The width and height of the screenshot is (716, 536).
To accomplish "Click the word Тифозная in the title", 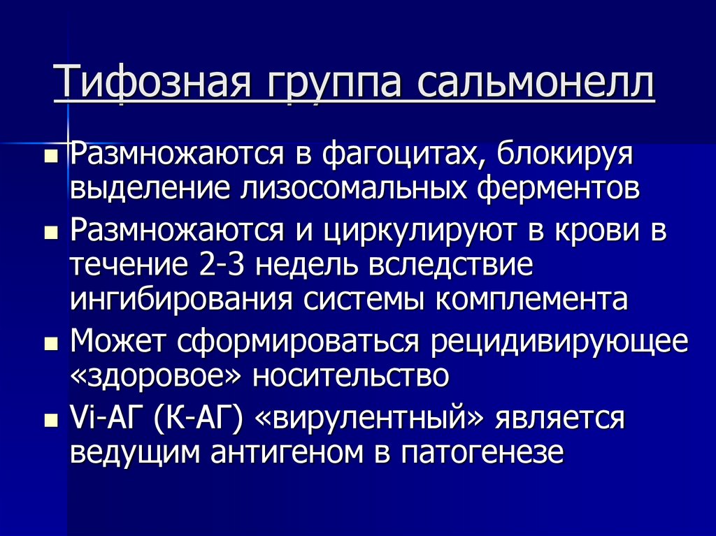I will point(146,84).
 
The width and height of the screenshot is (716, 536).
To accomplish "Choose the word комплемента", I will point(532,300).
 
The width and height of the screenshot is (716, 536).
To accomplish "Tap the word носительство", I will point(350,377).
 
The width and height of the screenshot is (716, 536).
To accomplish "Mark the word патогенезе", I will point(482,454).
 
